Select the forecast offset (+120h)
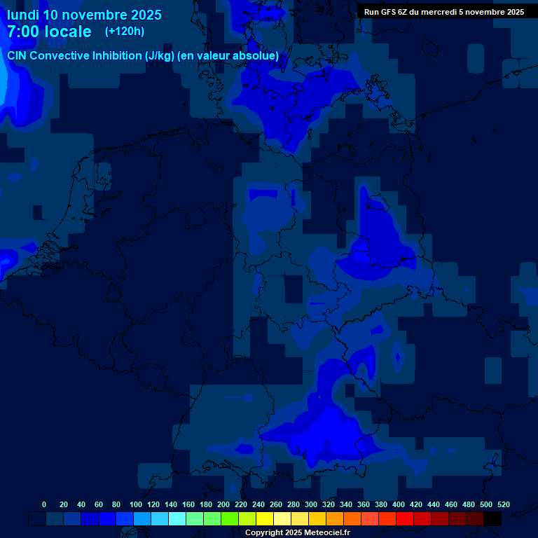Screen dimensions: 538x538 pos(125,32)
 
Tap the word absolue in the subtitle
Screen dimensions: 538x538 pos(258,55)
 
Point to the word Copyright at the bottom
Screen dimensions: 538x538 pos(265,533)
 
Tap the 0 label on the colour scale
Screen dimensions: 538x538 pos(44,504)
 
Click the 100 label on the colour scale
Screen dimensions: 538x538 pos(135,504)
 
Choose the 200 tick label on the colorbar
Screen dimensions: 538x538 pos(223,504)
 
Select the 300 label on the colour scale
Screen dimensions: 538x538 pos(311,504)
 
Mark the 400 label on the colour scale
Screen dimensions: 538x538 pos(399,504)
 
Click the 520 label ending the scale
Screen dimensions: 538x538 pos(503,504)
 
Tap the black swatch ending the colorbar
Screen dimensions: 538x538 pos(492,518)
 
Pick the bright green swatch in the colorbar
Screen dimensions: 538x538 pos(230,518)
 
